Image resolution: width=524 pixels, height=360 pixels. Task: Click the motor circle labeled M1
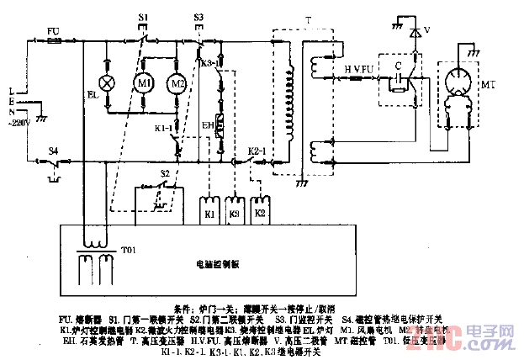pos(144,85)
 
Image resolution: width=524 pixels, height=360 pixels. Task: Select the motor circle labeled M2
pos(177,85)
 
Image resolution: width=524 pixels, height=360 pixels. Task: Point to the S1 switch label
pos(144,17)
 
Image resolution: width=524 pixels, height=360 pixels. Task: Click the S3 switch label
pos(198,17)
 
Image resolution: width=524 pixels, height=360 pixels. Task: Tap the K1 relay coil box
pos(208,211)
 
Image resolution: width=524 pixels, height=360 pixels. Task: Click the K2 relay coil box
pos(261,211)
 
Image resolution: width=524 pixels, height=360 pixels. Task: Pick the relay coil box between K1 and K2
pos(235,211)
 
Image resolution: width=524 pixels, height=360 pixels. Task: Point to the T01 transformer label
pos(129,251)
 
